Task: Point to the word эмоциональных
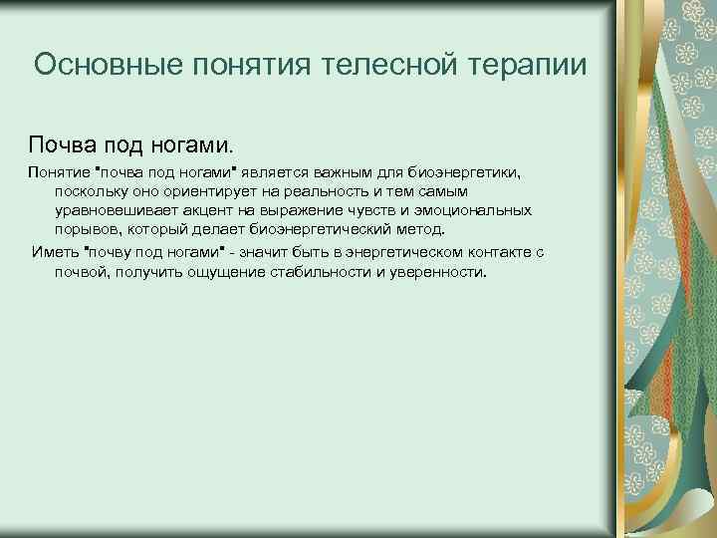click(x=473, y=210)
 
